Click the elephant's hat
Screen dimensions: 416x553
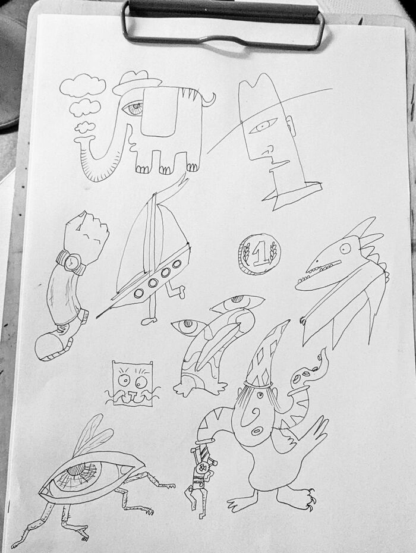click(x=137, y=82)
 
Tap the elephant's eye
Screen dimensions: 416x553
click(x=133, y=107)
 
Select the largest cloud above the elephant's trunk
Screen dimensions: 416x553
click(x=83, y=85)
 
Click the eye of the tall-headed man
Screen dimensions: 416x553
click(x=263, y=125)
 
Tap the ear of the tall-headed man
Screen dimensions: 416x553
click(x=291, y=128)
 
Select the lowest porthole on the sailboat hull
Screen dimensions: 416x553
click(x=139, y=293)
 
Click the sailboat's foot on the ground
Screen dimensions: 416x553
click(x=150, y=321)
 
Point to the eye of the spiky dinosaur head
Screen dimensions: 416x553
click(x=345, y=248)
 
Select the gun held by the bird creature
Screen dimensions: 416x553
click(x=201, y=480)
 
